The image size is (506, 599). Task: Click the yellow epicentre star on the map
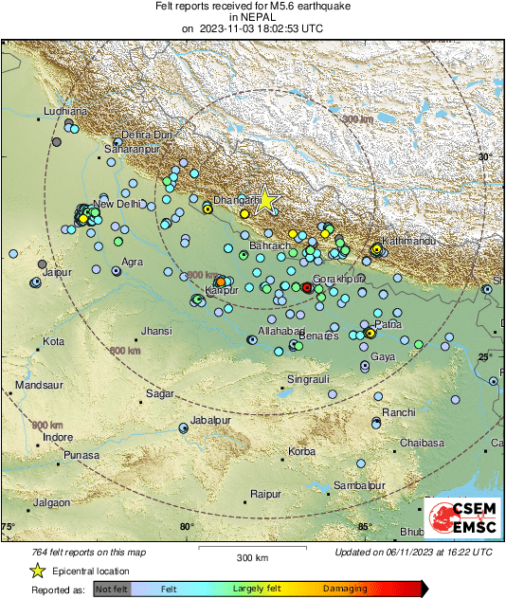pyautogui.click(x=266, y=199)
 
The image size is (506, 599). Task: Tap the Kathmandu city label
pyautogui.click(x=408, y=242)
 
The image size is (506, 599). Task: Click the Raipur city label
pyautogui.click(x=267, y=494)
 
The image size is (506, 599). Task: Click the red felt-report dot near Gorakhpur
pyautogui.click(x=306, y=286)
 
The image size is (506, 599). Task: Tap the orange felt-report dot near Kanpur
pyautogui.click(x=220, y=281)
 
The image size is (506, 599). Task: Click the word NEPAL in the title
pyautogui.click(x=252, y=17)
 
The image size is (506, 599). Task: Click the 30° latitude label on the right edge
pyautogui.click(x=485, y=156)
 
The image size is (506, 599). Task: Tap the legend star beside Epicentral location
pyautogui.click(x=37, y=571)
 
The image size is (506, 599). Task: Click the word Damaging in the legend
pyautogui.click(x=345, y=589)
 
